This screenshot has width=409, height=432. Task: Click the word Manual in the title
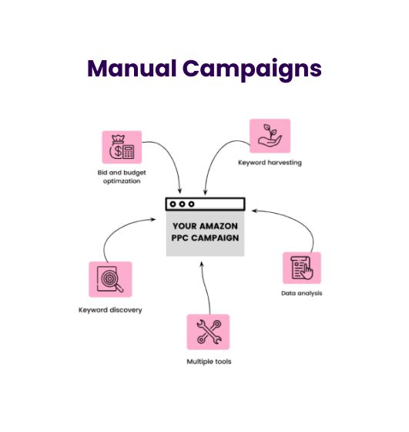coord(132,69)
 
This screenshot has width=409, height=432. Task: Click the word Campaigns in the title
coord(252,70)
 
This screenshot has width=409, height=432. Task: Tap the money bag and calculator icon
coord(122,147)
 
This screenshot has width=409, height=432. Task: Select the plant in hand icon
coord(270,136)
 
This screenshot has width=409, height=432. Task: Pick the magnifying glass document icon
coord(110,279)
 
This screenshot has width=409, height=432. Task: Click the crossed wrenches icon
coord(208,332)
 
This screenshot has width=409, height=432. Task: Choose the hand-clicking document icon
coord(302,268)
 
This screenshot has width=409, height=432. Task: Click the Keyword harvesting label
coord(270,163)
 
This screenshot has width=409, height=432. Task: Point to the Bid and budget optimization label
coord(122,177)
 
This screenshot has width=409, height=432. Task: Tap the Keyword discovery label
coord(110,310)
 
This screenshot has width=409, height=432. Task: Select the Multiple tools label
coord(209,362)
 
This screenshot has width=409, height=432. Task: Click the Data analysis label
coord(301,293)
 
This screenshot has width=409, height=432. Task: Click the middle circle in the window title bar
coord(182,204)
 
